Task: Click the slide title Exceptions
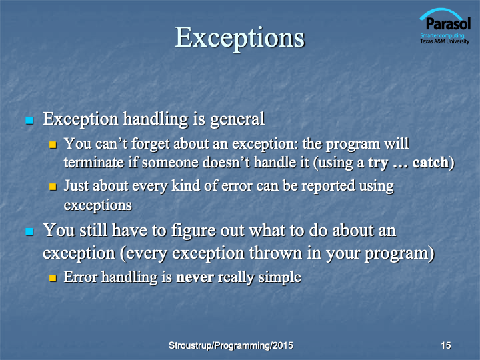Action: click(240, 38)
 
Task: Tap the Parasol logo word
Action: click(448, 23)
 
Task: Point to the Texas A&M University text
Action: click(445, 41)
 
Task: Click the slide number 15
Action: click(446, 345)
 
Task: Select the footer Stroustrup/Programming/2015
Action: click(231, 345)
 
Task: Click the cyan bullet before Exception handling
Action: click(29, 120)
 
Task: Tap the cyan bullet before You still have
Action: click(29, 231)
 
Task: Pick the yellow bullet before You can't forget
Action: click(53, 145)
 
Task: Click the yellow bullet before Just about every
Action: click(53, 187)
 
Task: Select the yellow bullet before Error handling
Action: click(53, 277)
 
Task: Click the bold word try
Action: click(379, 163)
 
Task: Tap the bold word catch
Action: click(430, 162)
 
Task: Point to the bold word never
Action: click(195, 277)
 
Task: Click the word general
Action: click(237, 120)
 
